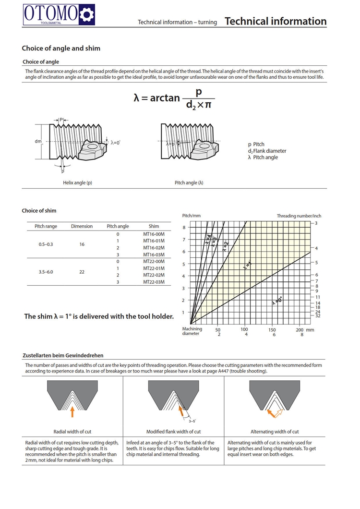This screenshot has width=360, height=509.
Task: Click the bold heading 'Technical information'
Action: point(276,21)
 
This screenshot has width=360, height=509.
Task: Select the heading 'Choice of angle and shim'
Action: point(61,48)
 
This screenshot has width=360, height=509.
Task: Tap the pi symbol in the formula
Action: point(207,104)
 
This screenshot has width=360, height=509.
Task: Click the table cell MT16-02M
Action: point(154,248)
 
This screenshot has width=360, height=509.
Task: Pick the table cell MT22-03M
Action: point(154,282)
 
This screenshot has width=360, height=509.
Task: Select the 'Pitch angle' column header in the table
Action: point(118,226)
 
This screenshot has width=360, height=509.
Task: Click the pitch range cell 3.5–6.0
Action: point(46,272)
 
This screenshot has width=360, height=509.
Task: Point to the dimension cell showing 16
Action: point(82,244)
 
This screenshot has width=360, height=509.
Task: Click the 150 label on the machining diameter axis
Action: point(273,330)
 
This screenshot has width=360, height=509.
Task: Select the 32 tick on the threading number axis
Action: point(318,315)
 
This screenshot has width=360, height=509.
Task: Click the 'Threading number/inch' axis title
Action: point(299,216)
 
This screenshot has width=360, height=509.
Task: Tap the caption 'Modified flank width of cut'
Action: point(173,432)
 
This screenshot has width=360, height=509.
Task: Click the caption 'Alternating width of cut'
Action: point(275,432)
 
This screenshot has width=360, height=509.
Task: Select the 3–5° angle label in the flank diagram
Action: point(192,421)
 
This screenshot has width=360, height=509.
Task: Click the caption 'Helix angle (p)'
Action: point(77,183)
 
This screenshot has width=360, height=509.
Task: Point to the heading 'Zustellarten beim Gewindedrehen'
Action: point(63,355)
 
